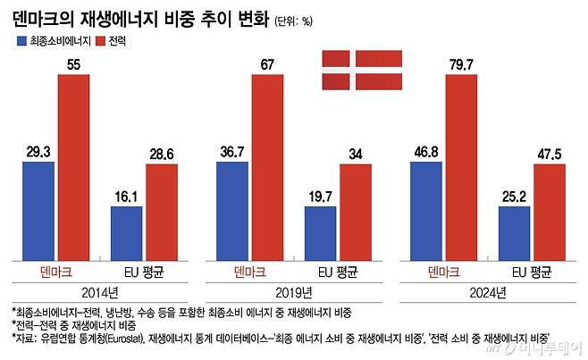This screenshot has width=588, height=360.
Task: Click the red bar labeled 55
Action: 74,166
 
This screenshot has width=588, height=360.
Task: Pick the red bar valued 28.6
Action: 162,211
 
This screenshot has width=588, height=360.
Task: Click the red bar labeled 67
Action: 268,166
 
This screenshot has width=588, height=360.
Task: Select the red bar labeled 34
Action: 356,211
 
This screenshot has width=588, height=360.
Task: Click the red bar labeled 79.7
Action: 462,166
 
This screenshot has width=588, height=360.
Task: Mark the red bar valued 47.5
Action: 550,211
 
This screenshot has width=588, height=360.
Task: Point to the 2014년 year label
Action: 99,291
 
